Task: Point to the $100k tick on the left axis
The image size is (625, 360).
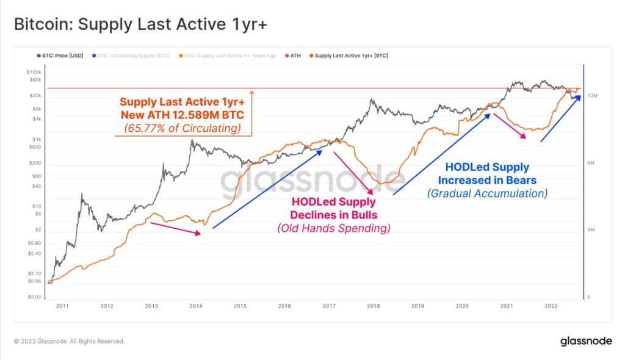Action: [x=34, y=72]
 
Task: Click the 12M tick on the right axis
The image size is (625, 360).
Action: [x=591, y=96]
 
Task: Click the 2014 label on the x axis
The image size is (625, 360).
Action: [x=195, y=306]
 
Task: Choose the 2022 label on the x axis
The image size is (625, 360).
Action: [x=551, y=306]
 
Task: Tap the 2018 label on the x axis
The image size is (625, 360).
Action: [x=373, y=306]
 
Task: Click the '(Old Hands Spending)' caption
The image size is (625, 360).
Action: [x=333, y=228]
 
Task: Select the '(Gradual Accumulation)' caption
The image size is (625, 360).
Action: [x=486, y=193]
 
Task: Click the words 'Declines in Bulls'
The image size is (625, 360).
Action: [x=333, y=215]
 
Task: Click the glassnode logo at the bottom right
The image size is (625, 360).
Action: [x=585, y=342]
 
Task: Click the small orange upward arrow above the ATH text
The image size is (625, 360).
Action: [x=252, y=94]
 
